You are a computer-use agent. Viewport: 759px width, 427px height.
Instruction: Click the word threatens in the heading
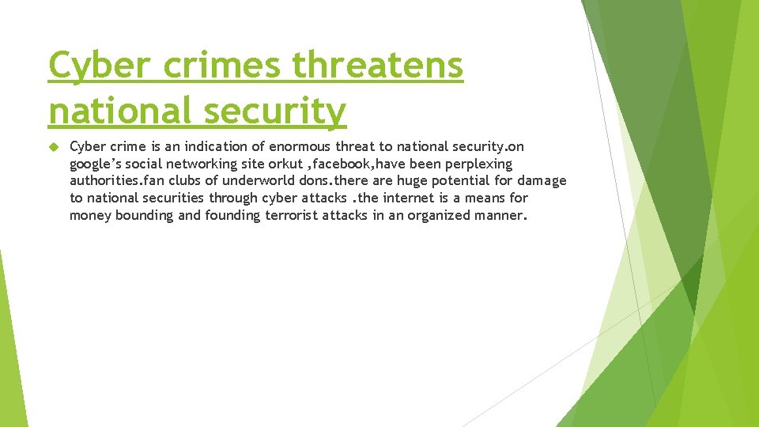coord(378,65)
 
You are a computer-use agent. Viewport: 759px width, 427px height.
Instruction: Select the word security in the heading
coord(273,111)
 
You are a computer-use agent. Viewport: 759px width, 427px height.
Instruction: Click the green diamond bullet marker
coord(54,147)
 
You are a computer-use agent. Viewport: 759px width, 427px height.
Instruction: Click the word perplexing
coord(477,164)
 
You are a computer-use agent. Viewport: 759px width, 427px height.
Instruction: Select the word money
coord(89,215)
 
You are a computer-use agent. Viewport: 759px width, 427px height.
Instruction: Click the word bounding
coord(144,215)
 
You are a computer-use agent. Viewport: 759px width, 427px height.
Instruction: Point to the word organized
coord(440,215)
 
